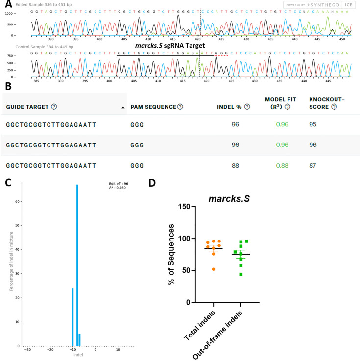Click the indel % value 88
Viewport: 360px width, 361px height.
pyautogui.click(x=235, y=165)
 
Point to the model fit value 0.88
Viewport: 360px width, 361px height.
pyautogui.click(x=282, y=165)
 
